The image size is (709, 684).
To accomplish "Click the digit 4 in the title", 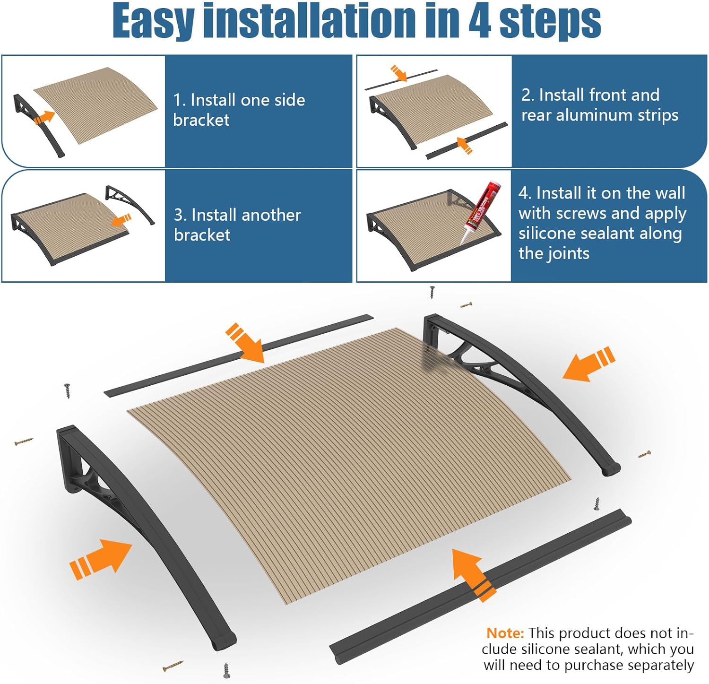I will coord(480,21).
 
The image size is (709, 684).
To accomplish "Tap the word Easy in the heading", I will coord(153,21).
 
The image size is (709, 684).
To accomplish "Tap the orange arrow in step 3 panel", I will coord(121,220).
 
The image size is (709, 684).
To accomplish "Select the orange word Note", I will coord(505,633).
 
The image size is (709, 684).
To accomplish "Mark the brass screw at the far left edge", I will coord(24,442).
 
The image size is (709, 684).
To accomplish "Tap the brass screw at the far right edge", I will coord(645,455).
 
